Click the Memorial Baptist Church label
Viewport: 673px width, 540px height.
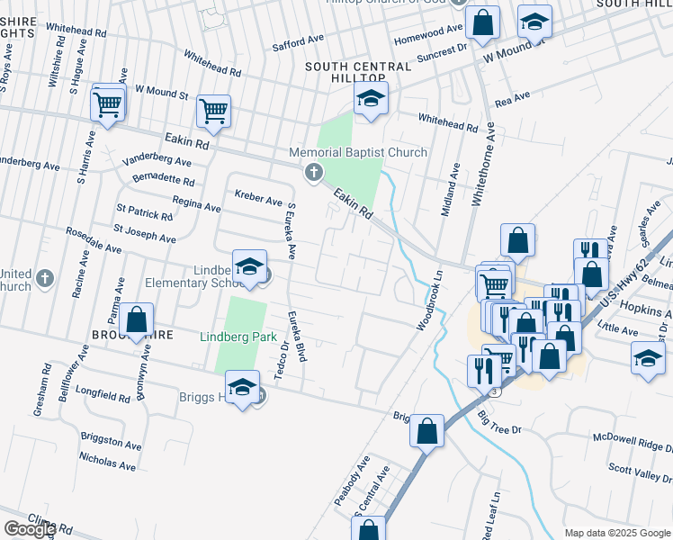pyautogui.click(x=358, y=152)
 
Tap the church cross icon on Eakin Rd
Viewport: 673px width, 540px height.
pyautogui.click(x=313, y=172)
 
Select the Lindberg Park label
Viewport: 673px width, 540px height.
pyautogui.click(x=238, y=337)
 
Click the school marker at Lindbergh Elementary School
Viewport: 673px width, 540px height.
pyautogui.click(x=249, y=267)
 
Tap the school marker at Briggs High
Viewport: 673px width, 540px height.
pyautogui.click(x=241, y=389)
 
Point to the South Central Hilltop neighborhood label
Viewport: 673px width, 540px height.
pyautogui.click(x=358, y=67)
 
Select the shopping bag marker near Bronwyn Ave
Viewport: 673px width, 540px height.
pyautogui.click(x=136, y=319)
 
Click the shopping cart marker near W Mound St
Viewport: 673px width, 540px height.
pyautogui.click(x=213, y=112)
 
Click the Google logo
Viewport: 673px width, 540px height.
pyautogui.click(x=30, y=529)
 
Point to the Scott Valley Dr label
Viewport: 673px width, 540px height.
pyautogui.click(x=640, y=470)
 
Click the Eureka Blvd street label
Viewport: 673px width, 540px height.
pyautogui.click(x=297, y=337)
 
